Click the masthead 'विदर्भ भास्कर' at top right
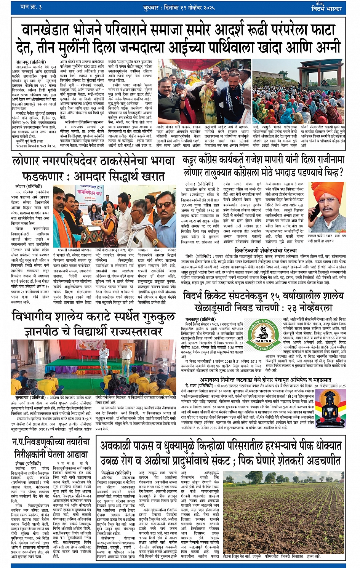coord(327,8)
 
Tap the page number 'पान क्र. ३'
coord(32,7)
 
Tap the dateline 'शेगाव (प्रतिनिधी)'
coord(28,464)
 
